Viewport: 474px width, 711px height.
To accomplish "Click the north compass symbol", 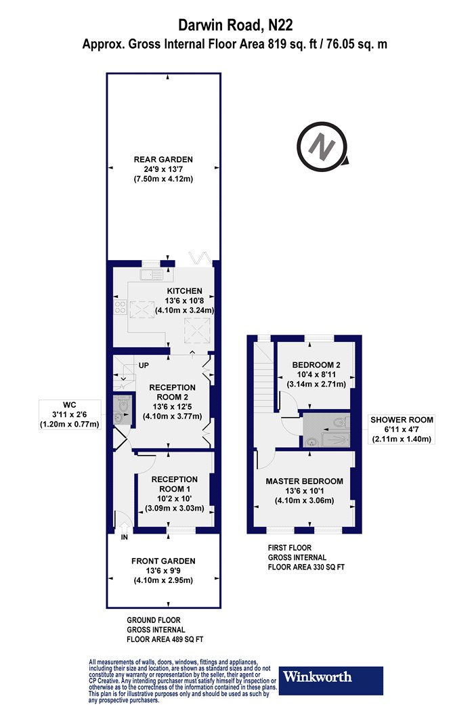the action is point(322,146).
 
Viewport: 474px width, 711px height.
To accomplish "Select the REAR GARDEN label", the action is point(163,159).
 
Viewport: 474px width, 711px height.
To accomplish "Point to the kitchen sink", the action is point(152,275).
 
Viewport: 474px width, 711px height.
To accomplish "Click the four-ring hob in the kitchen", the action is point(121,307).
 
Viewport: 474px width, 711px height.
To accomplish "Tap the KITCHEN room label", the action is point(185,290).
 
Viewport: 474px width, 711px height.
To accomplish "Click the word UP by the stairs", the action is point(144,365).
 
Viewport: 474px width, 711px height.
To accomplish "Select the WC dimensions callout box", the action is point(70,414).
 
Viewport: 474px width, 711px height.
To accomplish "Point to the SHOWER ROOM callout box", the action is point(402,429).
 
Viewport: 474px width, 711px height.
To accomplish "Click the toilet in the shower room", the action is point(339,423).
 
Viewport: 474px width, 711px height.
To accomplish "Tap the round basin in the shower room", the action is point(311,441).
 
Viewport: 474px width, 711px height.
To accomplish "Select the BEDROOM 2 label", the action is point(316,364).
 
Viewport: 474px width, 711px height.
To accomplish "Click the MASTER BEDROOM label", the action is point(304,481).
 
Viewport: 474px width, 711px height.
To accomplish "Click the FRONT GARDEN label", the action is point(163,561).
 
